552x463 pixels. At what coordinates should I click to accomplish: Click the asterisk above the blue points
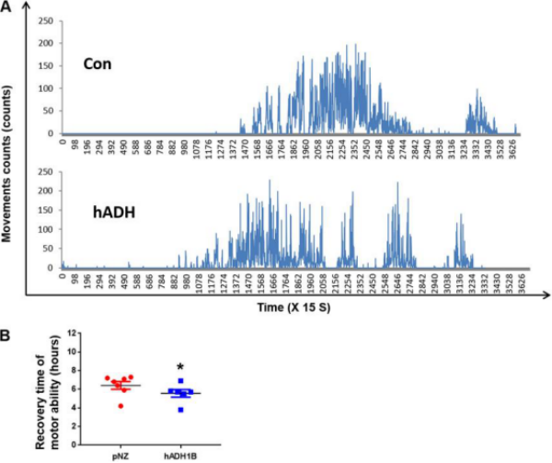[180, 366]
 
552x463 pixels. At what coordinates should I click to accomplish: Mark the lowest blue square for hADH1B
[180, 408]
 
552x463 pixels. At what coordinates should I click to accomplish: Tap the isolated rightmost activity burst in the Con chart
[477, 114]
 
